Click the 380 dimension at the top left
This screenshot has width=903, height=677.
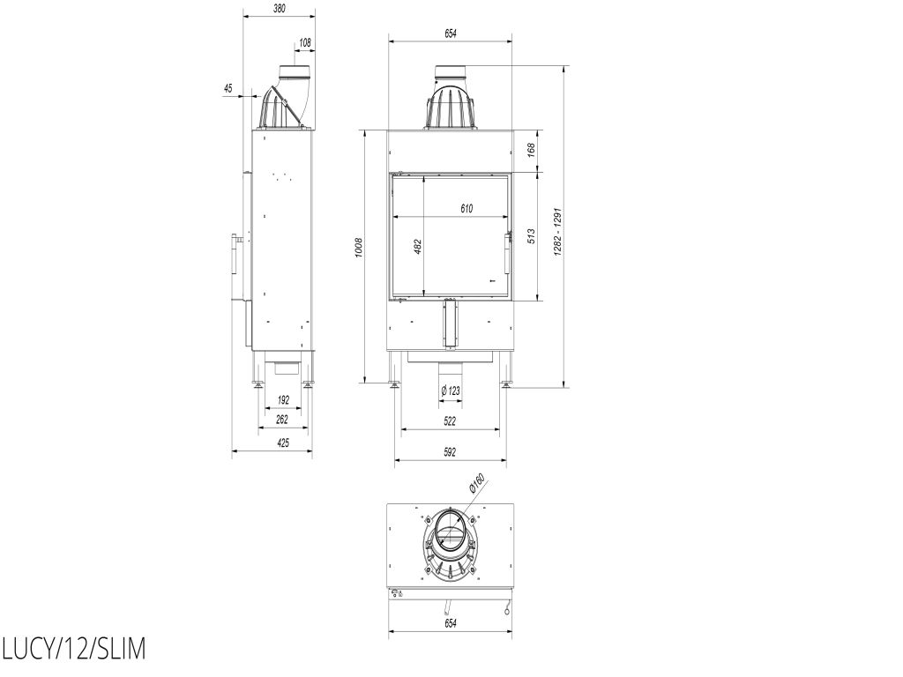pos(280,8)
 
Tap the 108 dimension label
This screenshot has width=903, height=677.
pos(305,42)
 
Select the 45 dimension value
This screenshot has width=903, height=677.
pos(228,88)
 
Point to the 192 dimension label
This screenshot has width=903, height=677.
pos(283,400)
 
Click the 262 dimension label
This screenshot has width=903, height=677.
pos(282,420)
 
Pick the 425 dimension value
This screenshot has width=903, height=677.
pos(283,443)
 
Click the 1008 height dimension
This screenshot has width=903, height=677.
pos(359,247)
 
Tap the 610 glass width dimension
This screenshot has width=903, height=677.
pos(466,208)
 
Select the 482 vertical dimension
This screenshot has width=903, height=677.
pos(418,247)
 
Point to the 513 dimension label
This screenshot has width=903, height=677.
pos(531,236)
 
